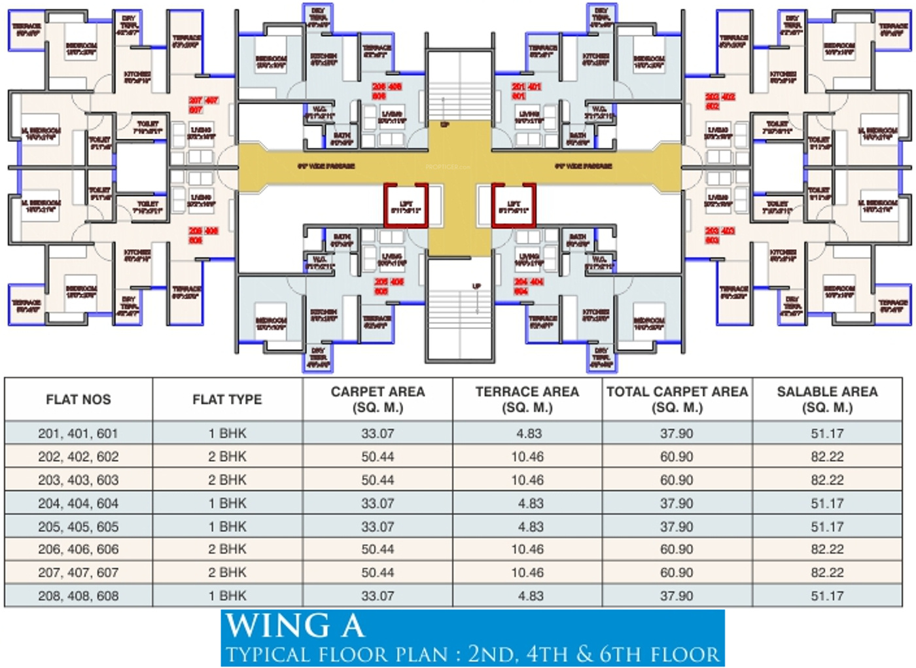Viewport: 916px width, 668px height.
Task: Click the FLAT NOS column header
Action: [x=79, y=399]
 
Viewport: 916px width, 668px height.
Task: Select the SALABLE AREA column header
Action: [x=827, y=399]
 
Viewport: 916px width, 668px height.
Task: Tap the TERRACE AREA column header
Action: [x=527, y=399]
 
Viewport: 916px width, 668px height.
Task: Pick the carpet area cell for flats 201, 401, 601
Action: [x=378, y=433]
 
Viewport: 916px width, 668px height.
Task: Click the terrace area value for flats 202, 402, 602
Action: [x=527, y=457]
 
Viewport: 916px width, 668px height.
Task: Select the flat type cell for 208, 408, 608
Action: [x=227, y=596]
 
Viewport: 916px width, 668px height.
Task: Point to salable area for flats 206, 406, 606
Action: [x=827, y=550]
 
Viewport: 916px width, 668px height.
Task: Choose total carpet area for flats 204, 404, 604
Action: [x=677, y=503]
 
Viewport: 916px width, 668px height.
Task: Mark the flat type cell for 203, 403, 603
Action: [x=227, y=480]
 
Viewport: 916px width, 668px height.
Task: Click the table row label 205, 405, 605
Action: [x=79, y=527]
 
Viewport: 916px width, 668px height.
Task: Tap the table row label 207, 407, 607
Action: [x=79, y=573]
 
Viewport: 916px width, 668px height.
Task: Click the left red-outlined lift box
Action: [x=406, y=205]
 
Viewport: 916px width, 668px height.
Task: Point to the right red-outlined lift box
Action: [x=514, y=205]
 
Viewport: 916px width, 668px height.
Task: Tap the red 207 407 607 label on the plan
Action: [x=203, y=105]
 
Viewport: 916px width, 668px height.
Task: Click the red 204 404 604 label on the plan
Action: [x=529, y=287]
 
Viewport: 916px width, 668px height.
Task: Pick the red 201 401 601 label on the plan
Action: [x=527, y=91]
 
